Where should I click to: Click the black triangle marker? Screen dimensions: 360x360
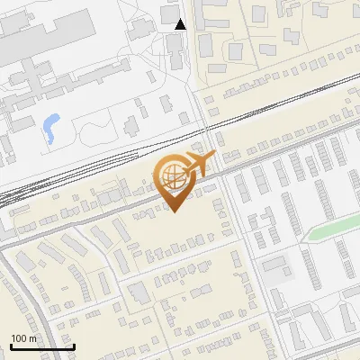181,24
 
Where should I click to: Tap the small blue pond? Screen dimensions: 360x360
50,128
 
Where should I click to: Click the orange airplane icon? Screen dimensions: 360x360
196,164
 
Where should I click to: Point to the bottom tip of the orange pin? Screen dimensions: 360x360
173,212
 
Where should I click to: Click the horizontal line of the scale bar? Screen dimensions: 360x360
41,346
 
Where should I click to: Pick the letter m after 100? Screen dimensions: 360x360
32,338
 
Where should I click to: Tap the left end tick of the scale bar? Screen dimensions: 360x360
11,345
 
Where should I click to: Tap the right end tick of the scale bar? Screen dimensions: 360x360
73,345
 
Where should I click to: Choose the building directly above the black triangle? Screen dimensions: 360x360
168,12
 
